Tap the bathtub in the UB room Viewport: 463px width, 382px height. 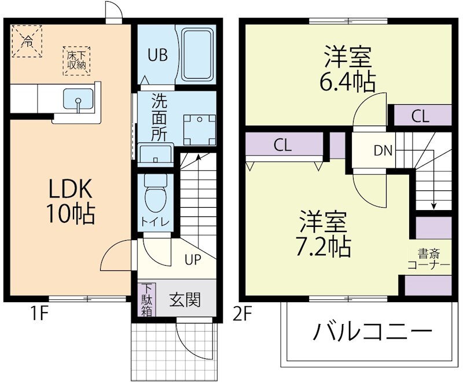tap(199, 56)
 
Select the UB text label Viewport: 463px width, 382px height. tap(157, 56)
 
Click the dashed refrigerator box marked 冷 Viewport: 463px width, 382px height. tap(27, 40)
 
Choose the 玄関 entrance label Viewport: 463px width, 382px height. tap(185, 300)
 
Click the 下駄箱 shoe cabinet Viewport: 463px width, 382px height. tap(148, 299)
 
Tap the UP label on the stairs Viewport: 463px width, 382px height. tap(193, 259)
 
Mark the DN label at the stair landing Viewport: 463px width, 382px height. tap(383, 151)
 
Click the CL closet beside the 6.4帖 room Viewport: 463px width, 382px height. tap(420, 116)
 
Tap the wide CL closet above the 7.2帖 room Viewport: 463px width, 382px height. tap(284, 145)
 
